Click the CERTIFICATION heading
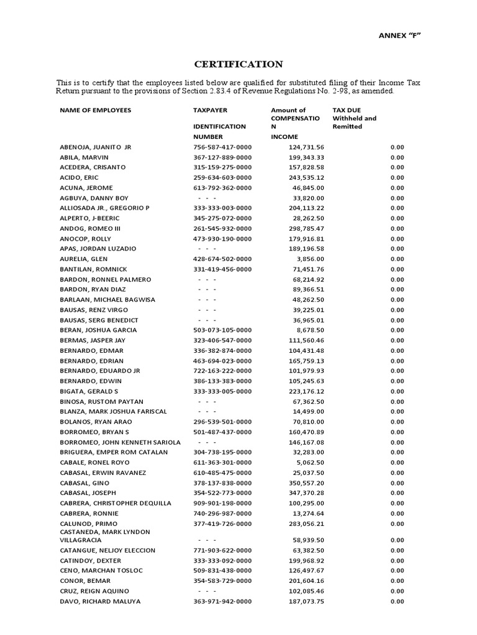239,64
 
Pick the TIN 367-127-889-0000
222,158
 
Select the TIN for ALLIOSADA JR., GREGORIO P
222,208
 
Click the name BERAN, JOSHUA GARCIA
98,331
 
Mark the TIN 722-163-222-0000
222,371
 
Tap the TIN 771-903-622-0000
222,551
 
